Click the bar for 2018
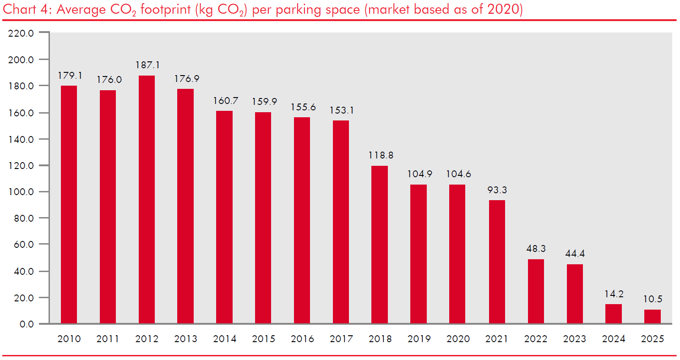click(x=379, y=245)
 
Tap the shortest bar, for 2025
click(x=652, y=316)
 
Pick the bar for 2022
click(x=536, y=291)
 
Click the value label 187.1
click(x=147, y=65)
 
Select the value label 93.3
click(x=497, y=190)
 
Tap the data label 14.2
click(x=613, y=294)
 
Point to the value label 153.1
click(x=341, y=110)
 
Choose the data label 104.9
click(x=418, y=174)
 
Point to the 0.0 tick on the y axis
click(x=27, y=324)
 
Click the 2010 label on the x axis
click(x=69, y=339)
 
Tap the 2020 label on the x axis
click(x=457, y=339)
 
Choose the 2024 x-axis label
click(x=613, y=339)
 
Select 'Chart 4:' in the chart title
click(x=26, y=10)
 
